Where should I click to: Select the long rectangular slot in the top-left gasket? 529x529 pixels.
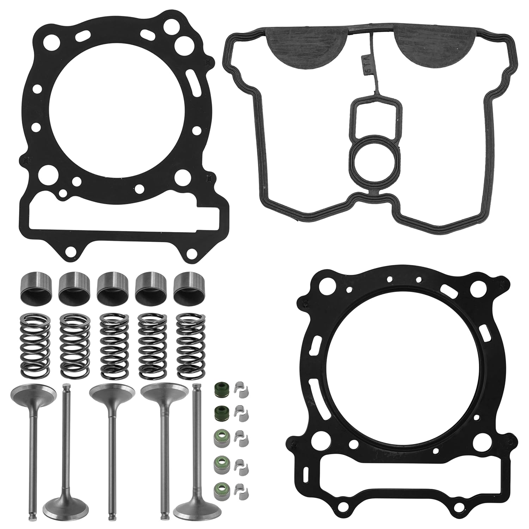(x=125, y=219)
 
